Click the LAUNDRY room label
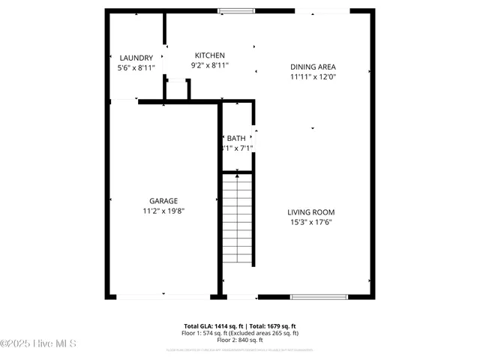136,58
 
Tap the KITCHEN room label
210,55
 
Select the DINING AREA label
313,67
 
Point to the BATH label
236,138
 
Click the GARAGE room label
163,201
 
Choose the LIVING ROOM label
311,211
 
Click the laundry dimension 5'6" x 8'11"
136,67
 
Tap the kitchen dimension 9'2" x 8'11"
210,65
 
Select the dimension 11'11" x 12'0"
313,76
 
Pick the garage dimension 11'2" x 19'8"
163,211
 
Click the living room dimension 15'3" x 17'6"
311,221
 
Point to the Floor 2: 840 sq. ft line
240,340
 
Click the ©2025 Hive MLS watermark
39,343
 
